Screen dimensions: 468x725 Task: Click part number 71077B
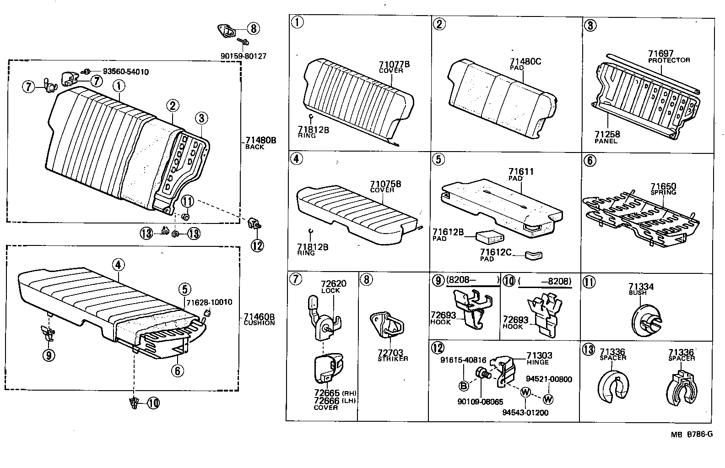tap(394, 64)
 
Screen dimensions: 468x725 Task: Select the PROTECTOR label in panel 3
tap(669, 60)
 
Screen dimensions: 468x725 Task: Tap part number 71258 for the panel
tap(607, 134)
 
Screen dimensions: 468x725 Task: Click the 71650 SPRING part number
tap(663, 186)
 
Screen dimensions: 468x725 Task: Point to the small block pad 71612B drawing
tap(490, 237)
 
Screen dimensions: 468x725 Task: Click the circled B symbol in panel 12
tap(464, 386)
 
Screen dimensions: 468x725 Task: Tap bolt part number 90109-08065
tap(480, 402)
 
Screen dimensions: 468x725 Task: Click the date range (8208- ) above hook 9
tap(472, 280)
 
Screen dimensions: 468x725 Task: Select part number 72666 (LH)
tap(327, 401)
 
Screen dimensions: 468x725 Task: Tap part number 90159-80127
tap(243, 56)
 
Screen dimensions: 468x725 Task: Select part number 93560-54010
tap(125, 72)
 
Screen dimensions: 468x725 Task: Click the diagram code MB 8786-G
tap(692, 434)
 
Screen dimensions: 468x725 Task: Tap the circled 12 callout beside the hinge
tap(257, 245)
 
